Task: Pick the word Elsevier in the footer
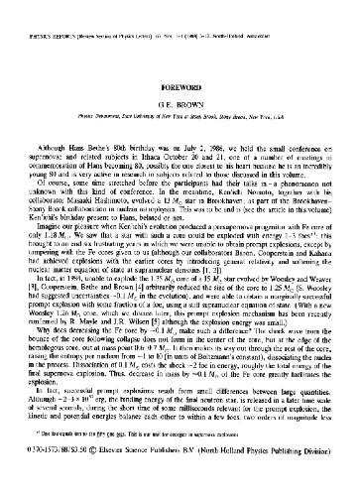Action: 124,476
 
